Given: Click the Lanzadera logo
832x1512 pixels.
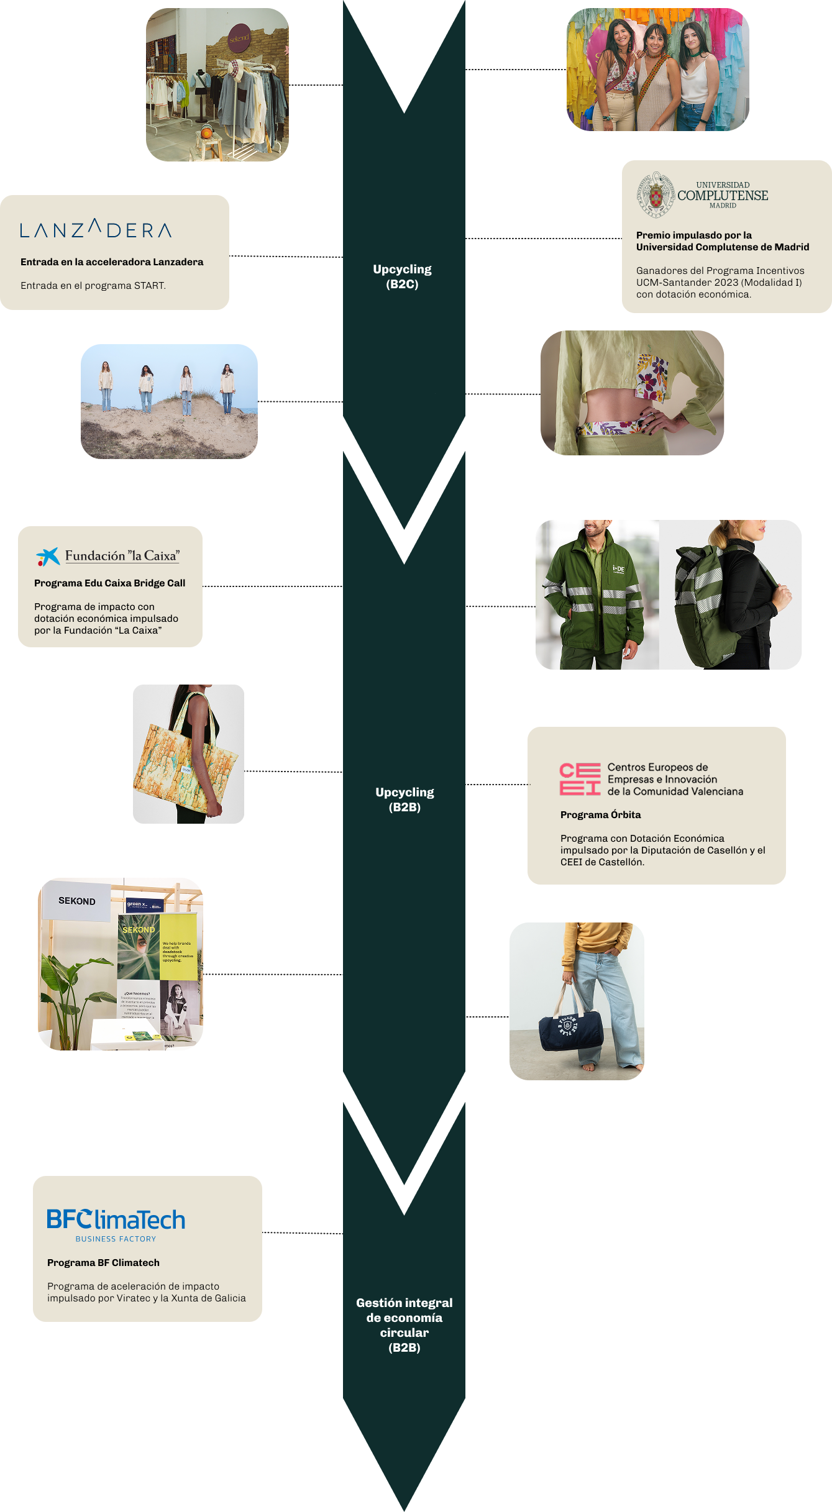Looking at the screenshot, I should [96, 229].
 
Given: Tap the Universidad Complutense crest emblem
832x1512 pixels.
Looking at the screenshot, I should [656, 195].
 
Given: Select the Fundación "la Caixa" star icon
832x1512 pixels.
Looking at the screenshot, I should [48, 556].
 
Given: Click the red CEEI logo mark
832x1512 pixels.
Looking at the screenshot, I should [580, 779].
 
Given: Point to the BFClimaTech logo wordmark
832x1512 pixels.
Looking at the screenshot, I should [116, 1220].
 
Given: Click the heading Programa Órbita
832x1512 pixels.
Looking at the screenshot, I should [600, 814].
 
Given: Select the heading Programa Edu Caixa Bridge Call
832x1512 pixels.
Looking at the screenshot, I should [109, 583].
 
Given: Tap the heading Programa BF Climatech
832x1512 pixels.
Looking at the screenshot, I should [103, 1262].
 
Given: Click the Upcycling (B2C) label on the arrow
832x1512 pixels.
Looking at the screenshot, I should [402, 276].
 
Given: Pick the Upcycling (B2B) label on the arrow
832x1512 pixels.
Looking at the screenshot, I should [405, 799].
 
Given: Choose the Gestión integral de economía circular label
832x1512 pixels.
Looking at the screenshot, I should [405, 1324].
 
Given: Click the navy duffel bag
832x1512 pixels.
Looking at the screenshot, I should [570, 1029].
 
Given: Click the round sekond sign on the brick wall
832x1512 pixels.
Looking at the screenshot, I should [239, 39].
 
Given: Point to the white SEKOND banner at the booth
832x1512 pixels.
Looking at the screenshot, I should [76, 901].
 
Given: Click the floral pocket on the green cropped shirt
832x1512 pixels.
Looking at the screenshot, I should [651, 376].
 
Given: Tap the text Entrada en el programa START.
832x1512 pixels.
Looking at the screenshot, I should [93, 285].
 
